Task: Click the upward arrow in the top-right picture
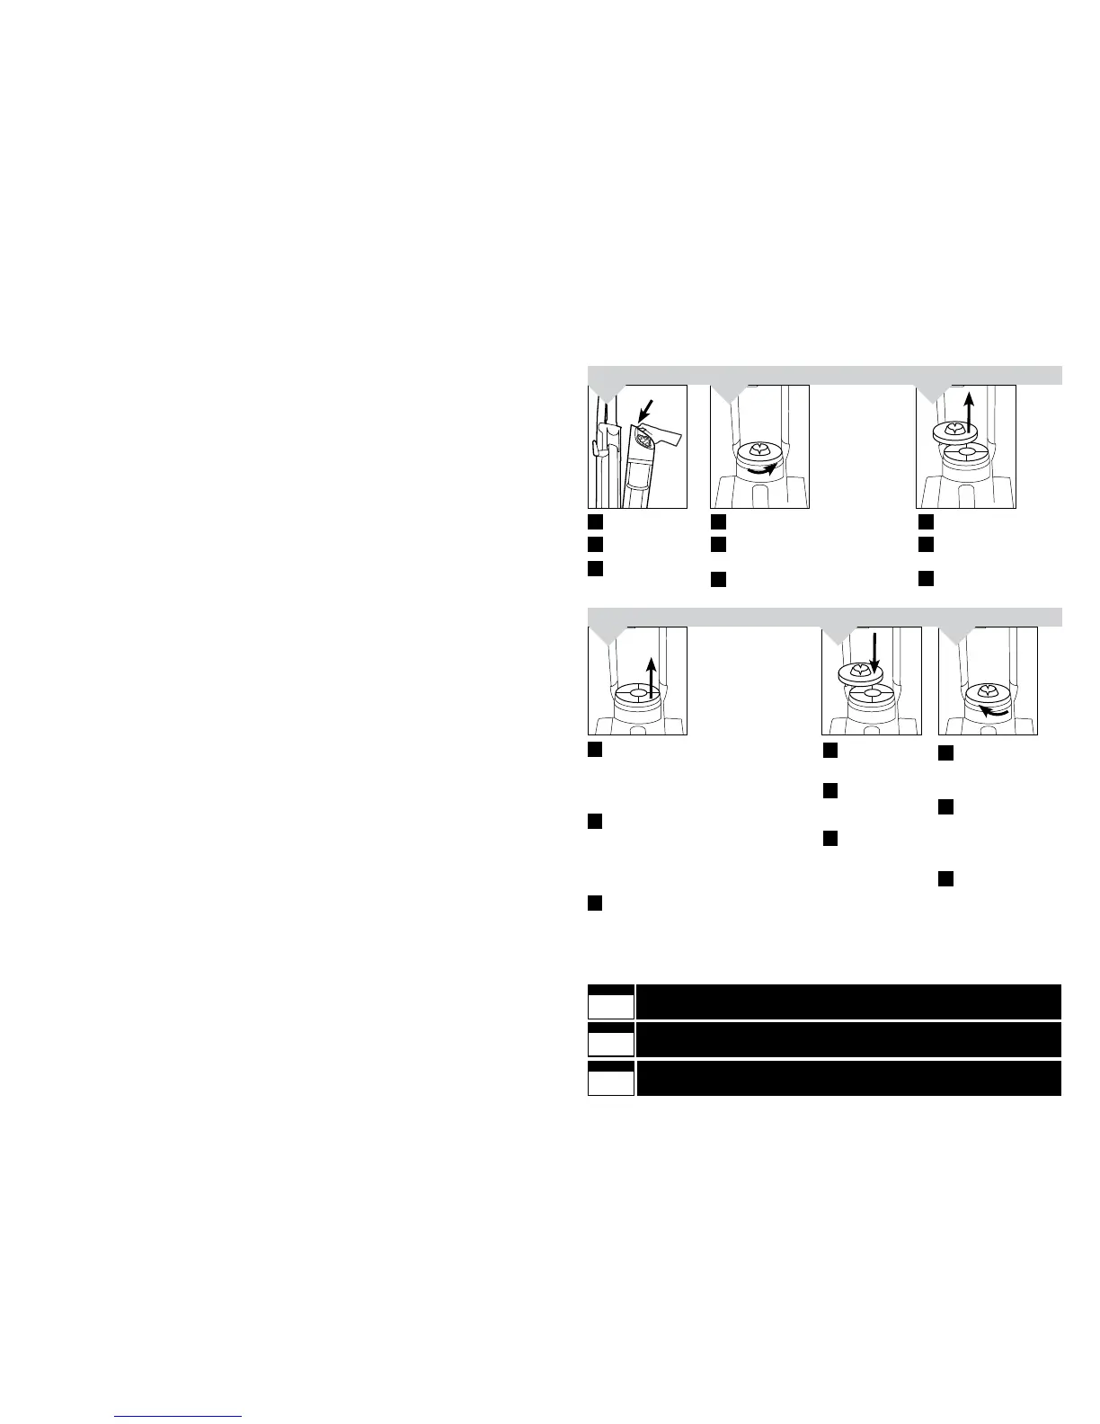pyautogui.click(x=967, y=413)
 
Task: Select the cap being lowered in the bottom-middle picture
pyautogui.click(x=860, y=672)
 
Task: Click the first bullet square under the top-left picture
pyautogui.click(x=595, y=521)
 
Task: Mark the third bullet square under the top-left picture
pyautogui.click(x=595, y=567)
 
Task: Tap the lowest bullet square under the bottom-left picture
pyautogui.click(x=595, y=903)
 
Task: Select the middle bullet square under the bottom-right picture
pyautogui.click(x=945, y=807)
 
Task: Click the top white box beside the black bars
pyautogui.click(x=611, y=1004)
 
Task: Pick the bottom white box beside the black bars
pyautogui.click(x=611, y=1081)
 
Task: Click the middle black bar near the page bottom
pyautogui.click(x=848, y=1040)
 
